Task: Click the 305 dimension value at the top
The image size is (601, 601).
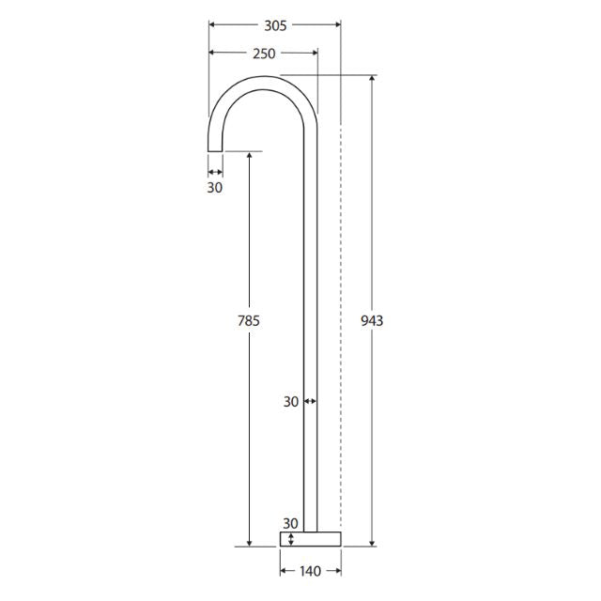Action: tap(274, 25)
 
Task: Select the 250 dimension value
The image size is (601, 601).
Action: tap(264, 54)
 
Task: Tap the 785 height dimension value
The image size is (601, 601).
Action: tap(248, 320)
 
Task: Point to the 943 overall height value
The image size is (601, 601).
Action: tap(372, 320)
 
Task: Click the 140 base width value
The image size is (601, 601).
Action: tap(310, 569)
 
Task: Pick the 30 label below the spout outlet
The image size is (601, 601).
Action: tap(215, 188)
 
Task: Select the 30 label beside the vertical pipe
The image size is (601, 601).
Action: tap(290, 401)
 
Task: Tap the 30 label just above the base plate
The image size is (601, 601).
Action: tap(290, 523)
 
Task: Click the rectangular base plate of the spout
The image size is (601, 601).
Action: tap(310, 539)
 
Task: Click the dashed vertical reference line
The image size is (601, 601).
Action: tap(340, 329)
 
